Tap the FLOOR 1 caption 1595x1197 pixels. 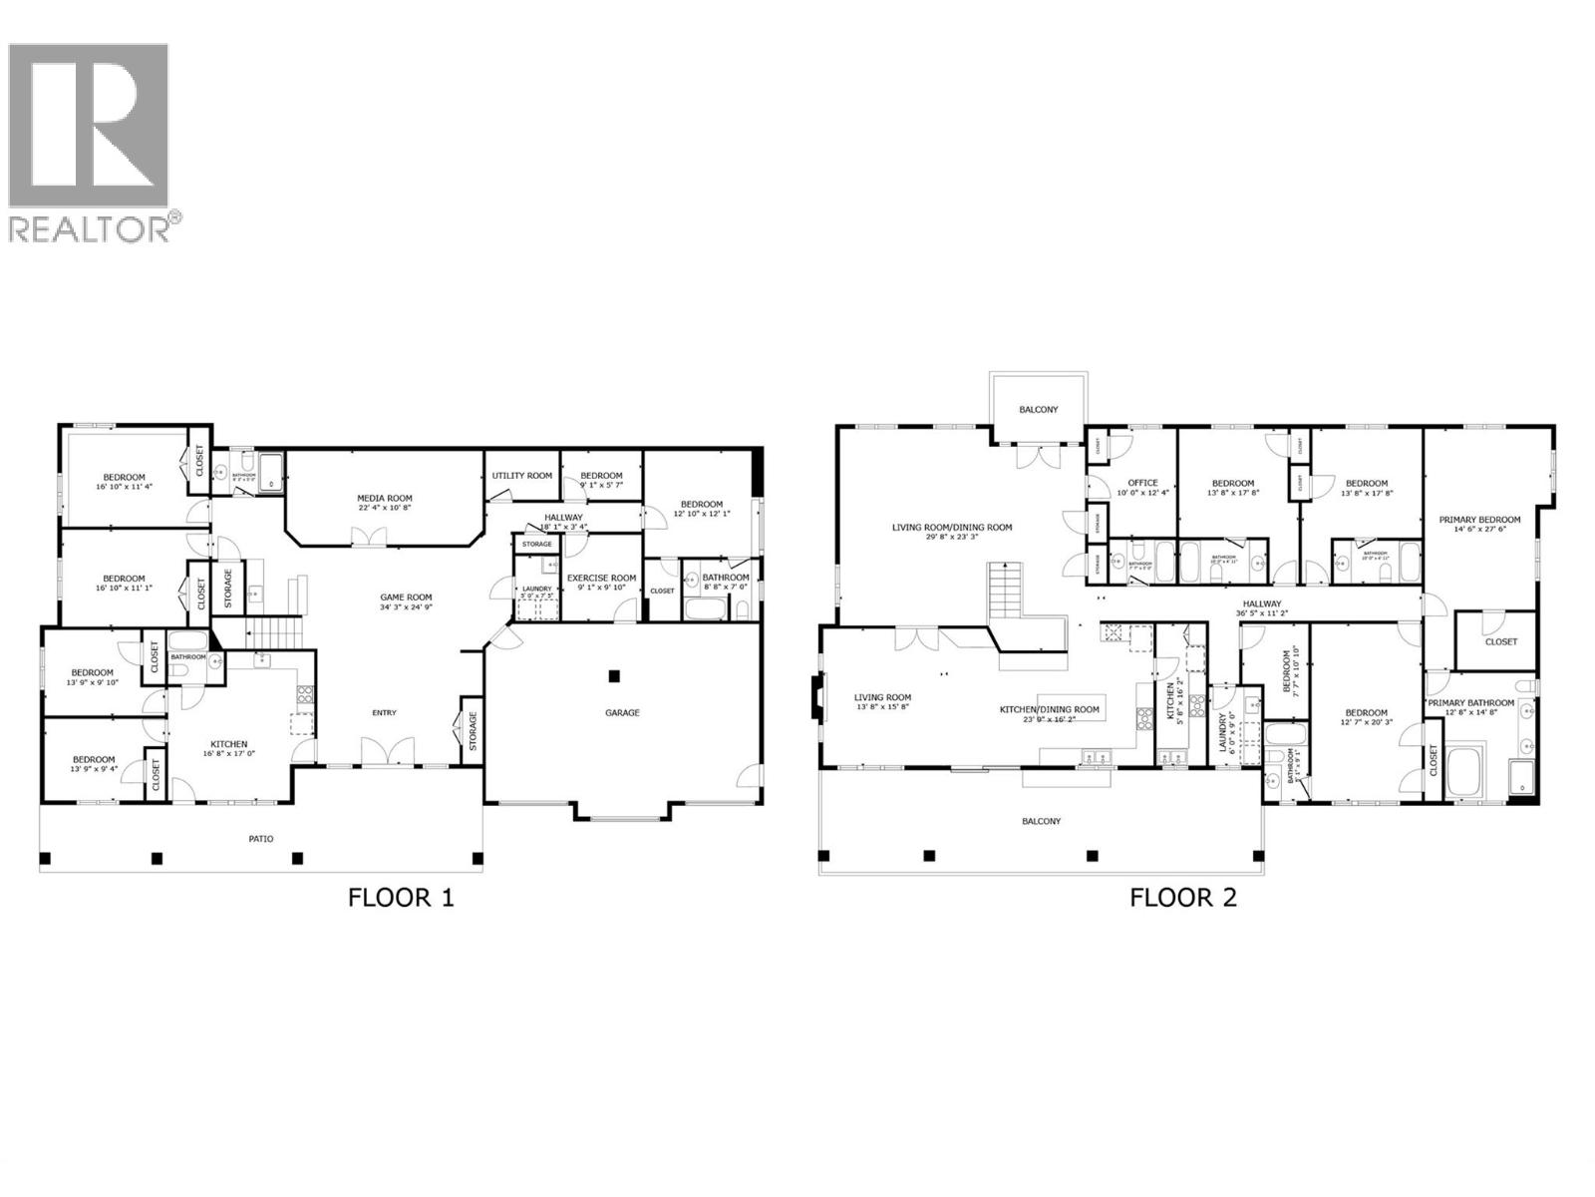[x=400, y=898]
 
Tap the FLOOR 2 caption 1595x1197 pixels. [x=1182, y=898]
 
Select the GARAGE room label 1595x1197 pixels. [x=622, y=712]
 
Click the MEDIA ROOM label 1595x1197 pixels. [x=385, y=498]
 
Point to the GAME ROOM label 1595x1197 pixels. [x=406, y=598]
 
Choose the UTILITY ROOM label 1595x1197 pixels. [x=522, y=476]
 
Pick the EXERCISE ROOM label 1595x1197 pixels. [x=601, y=578]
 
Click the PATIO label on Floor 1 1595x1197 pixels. [x=260, y=839]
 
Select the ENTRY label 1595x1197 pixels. [x=384, y=712]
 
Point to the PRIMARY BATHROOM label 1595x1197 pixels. [x=1470, y=702]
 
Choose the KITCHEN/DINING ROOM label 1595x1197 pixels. [x=1050, y=710]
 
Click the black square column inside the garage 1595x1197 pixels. [x=614, y=676]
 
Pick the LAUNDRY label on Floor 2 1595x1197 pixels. [x=1221, y=732]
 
